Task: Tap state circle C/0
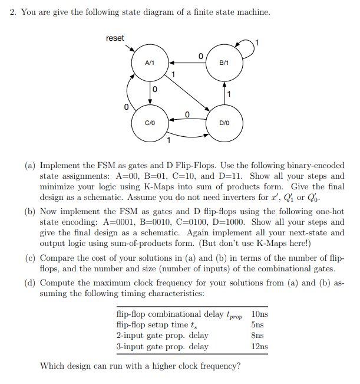point(150,122)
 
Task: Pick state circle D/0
point(224,122)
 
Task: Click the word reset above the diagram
point(115,38)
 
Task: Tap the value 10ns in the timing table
point(260,314)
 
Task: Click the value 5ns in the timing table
point(257,324)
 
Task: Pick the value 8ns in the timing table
point(257,336)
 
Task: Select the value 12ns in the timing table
point(260,346)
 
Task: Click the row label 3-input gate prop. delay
point(163,346)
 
